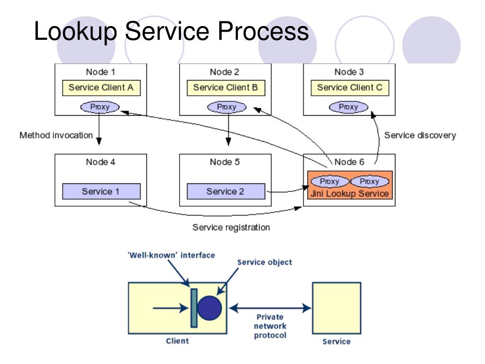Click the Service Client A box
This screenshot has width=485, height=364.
pos(101,88)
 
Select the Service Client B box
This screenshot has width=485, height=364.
pos(226,88)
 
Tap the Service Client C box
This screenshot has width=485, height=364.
pos(350,88)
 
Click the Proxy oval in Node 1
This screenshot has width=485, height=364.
pos(100,107)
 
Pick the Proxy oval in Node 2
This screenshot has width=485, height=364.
pos(227,107)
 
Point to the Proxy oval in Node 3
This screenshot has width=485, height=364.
pos(349,107)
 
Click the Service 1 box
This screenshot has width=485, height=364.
pos(101,191)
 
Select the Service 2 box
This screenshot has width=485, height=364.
pos(226,191)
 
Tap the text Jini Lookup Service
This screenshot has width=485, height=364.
pos(350,194)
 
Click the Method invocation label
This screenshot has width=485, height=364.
pos(56,135)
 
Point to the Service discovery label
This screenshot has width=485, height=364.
pos(420,135)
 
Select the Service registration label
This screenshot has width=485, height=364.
pos(231,227)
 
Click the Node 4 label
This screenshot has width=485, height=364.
pos(100,162)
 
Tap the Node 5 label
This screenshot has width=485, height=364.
pos(225,162)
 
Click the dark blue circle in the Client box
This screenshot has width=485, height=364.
pos(210,308)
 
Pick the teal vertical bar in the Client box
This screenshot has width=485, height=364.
pos(194,308)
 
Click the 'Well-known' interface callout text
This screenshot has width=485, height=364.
pos(171,255)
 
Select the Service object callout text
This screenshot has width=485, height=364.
pos(264,263)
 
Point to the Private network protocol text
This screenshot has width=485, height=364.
pos(270,326)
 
